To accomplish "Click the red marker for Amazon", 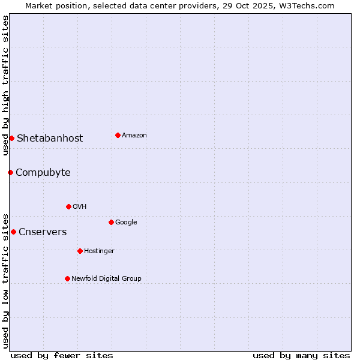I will pyautogui.click(x=118, y=135).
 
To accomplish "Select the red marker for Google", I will pyautogui.click(x=111, y=222).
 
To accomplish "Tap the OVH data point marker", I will pyautogui.click(x=68, y=206).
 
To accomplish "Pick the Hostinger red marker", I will pyautogui.click(x=80, y=251).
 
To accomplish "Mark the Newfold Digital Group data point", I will pyautogui.click(x=67, y=278).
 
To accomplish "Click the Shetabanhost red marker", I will pyautogui.click(x=11, y=138).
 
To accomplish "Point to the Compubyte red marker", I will pyautogui.click(x=10, y=172).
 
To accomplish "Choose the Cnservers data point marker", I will pyautogui.click(x=13, y=232).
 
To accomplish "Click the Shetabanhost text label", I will pyautogui.click(x=50, y=138).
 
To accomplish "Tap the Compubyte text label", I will pyautogui.click(x=43, y=172).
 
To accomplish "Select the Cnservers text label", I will pyautogui.click(x=43, y=232).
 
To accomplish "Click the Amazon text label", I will pyautogui.click(x=134, y=135).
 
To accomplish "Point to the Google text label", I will pyautogui.click(x=126, y=222).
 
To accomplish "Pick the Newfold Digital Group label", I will pyautogui.click(x=106, y=278).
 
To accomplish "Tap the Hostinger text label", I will pyautogui.click(x=99, y=251).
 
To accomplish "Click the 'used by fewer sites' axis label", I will pyautogui.click(x=62, y=355).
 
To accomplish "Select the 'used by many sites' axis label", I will pyautogui.click(x=301, y=355).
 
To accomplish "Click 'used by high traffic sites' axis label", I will pyautogui.click(x=5, y=85).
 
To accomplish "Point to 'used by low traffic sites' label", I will pyautogui.click(x=5, y=280).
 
